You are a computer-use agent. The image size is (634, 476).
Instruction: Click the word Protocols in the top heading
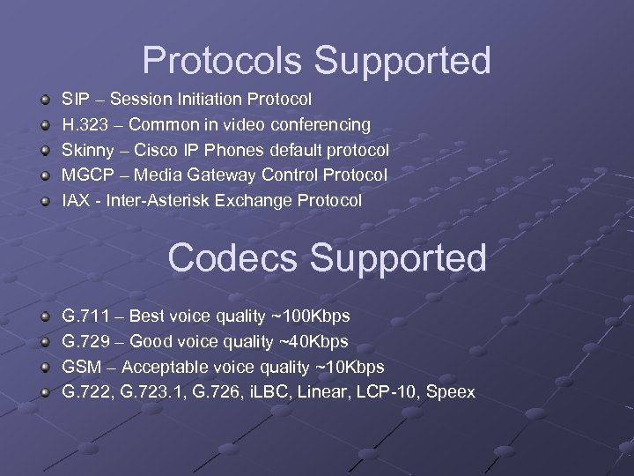coord(223,61)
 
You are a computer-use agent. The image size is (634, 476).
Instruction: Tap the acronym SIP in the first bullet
coord(74,100)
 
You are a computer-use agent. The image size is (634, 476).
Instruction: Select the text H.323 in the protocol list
coord(85,125)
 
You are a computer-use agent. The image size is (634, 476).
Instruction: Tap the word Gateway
coord(209,175)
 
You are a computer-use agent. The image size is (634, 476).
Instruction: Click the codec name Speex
coord(450,391)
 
